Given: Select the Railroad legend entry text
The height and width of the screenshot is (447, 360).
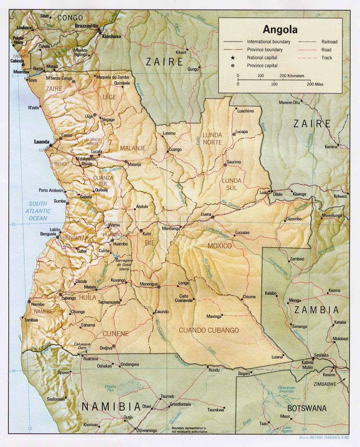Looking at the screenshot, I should pos(329,42).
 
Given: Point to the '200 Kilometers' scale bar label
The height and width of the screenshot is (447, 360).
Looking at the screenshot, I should pos(292,76).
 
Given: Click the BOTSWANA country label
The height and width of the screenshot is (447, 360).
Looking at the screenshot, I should pos(307,408).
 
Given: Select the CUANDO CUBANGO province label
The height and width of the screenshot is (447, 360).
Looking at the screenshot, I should pos(209,330).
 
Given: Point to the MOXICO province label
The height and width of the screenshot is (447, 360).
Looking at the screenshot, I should pos(219,246).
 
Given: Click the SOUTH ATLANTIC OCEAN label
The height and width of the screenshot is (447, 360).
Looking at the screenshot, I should pos(38,211).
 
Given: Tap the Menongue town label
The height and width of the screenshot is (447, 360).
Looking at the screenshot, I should pos(149,284).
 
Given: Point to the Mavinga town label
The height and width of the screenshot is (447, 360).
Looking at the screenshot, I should pos(214,317).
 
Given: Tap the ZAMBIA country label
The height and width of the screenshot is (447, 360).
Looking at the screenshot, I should pos(316,310).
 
